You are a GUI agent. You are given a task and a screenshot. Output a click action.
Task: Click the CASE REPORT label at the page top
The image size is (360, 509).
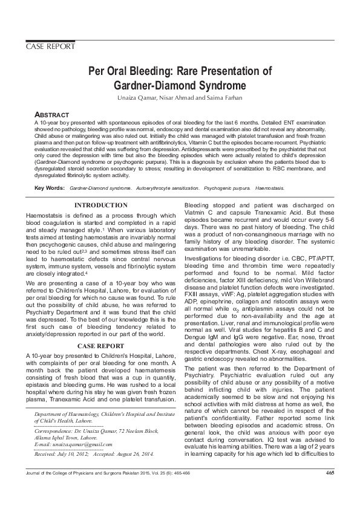50,47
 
